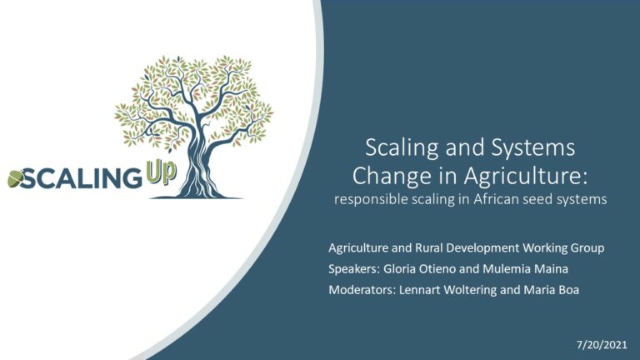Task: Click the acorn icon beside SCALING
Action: [16, 178]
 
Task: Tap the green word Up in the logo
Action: [161, 172]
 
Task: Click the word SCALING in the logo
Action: [80, 179]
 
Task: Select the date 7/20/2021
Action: [602, 345]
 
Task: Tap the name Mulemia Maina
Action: [525, 269]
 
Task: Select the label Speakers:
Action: [354, 269]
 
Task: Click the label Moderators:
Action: [362, 290]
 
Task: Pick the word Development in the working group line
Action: [481, 248]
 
